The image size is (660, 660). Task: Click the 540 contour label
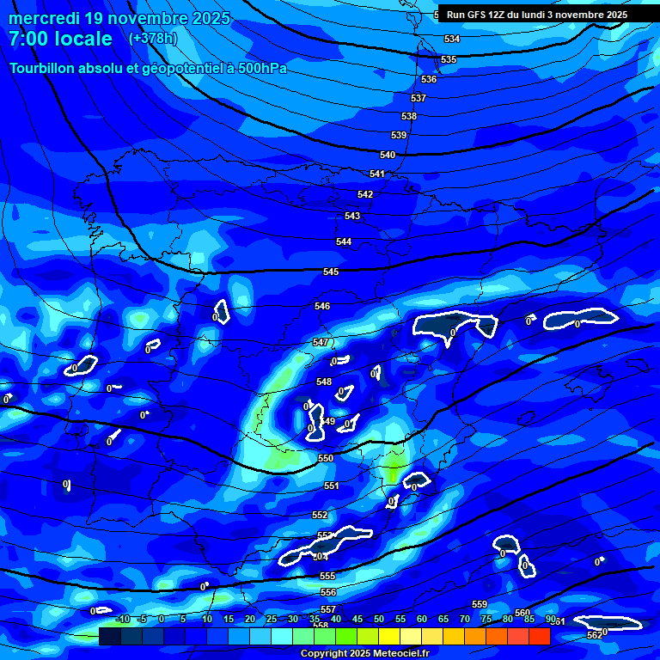pos(388,155)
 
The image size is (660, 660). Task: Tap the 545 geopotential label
pos(331,272)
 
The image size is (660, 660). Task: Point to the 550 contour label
pos(326,459)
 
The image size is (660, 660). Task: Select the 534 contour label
pos(452,39)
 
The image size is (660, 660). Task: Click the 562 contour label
pos(594,635)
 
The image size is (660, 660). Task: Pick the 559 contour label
pos(480,604)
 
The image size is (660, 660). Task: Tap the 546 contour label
pos(322,306)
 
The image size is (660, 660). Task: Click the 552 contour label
pos(320,515)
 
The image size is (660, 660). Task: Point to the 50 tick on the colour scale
pos(379,619)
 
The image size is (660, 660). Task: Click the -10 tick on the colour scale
pos(122,619)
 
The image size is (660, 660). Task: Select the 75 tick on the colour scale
pos(486,619)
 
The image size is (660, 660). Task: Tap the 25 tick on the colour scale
pos(272,619)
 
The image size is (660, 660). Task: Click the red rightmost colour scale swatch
pos(540,636)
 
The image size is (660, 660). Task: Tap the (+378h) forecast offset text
pos(152,38)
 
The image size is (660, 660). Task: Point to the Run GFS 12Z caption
pos(487,15)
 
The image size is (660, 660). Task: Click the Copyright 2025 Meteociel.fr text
pos(364,653)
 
